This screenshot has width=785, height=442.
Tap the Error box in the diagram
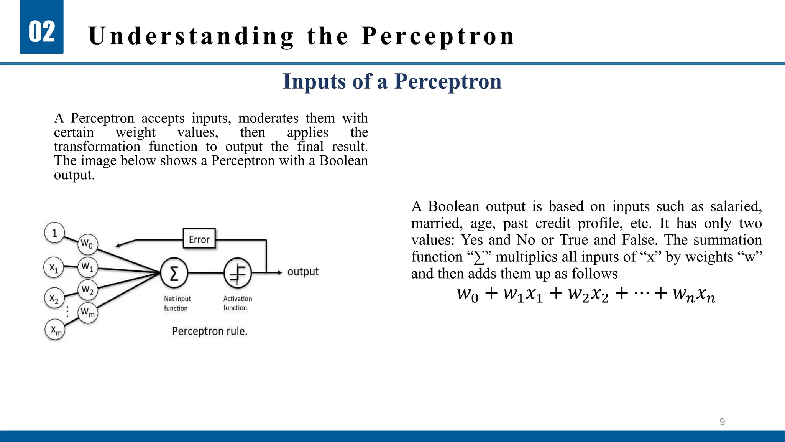click(x=199, y=239)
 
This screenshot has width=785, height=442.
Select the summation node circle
click(x=174, y=273)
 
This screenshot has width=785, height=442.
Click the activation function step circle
click(x=238, y=273)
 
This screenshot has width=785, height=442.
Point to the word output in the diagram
click(x=303, y=272)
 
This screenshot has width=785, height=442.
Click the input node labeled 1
click(x=54, y=233)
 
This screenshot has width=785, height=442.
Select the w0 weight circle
click(x=87, y=244)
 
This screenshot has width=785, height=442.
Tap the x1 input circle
click(x=54, y=267)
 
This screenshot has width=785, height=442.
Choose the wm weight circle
click(x=88, y=313)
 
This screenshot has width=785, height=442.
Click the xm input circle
click(x=55, y=330)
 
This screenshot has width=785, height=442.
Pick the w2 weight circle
click(x=88, y=290)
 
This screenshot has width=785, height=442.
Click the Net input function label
click(x=177, y=303)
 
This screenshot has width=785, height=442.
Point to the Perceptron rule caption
click(x=210, y=331)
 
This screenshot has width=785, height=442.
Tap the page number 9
click(x=722, y=422)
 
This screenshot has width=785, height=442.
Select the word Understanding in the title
click(x=191, y=36)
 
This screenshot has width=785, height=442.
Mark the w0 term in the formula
click(x=468, y=295)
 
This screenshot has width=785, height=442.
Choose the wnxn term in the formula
click(x=694, y=295)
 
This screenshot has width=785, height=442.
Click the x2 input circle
click(x=54, y=298)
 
